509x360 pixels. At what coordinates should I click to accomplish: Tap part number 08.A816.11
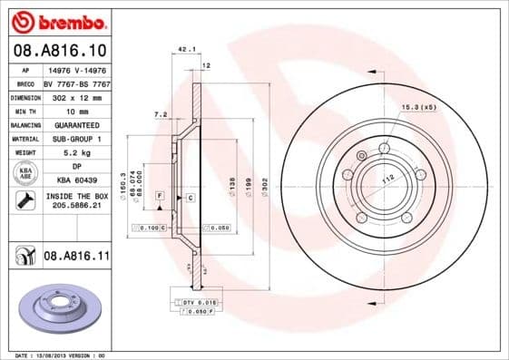click(76, 258)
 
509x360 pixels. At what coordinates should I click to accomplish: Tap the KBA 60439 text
click(76, 181)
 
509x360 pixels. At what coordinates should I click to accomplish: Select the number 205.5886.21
click(76, 207)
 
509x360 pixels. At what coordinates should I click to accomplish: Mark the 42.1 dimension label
click(187, 51)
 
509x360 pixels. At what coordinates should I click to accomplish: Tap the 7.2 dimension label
click(162, 114)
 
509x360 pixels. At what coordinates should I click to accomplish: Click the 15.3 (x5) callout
click(418, 108)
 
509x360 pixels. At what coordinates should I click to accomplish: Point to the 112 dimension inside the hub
click(387, 180)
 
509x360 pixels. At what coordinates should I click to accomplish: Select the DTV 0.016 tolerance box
click(193, 300)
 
